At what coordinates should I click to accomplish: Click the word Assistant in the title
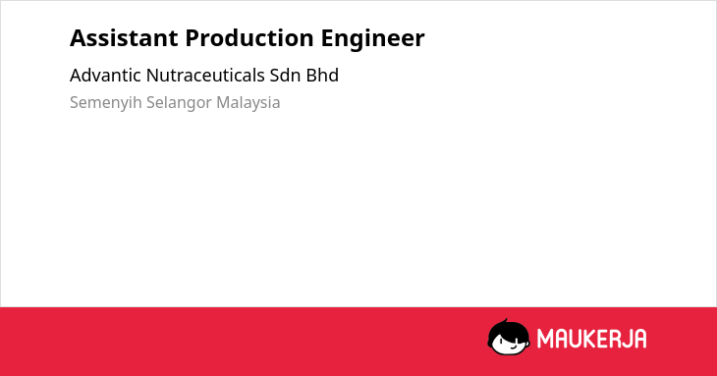point(124,38)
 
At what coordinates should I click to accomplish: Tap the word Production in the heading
point(249,38)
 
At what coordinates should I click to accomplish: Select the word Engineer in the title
point(372,39)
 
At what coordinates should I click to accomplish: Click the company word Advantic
point(105,76)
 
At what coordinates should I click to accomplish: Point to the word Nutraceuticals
point(205,76)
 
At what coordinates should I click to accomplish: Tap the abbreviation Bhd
point(322,76)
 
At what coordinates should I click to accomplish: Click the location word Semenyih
point(106,103)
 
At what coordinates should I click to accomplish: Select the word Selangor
point(179,103)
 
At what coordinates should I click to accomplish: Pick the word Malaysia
point(248,103)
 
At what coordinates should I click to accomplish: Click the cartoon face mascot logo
point(509,337)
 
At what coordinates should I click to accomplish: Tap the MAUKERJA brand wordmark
point(591,339)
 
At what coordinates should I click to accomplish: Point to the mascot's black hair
point(508,328)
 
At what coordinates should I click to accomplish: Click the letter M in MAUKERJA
point(545,339)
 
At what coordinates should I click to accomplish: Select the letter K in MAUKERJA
point(590,339)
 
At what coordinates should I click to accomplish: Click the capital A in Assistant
point(78,38)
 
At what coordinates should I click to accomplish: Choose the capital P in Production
point(192,38)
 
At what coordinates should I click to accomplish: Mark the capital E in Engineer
point(327,38)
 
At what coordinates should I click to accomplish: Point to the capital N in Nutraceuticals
point(152,76)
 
